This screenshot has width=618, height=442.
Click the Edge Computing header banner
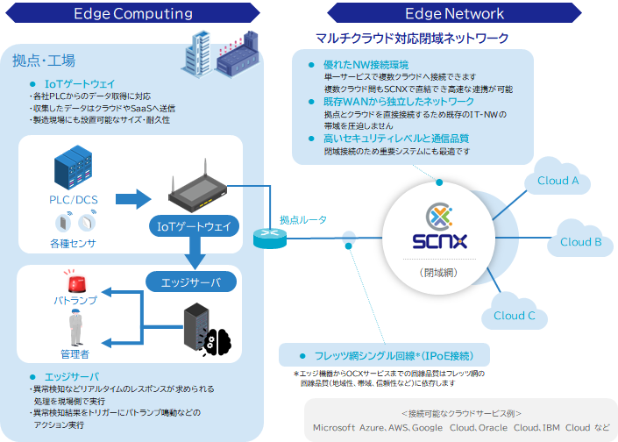(x=133, y=14)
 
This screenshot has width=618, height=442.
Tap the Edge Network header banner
(x=454, y=14)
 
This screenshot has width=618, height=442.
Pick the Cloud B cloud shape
(x=579, y=242)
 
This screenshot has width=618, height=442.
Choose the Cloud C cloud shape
(x=514, y=316)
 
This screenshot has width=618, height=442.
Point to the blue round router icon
(x=266, y=238)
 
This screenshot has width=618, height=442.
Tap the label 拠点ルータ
(x=303, y=220)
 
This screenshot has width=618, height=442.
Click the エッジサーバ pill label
(x=190, y=282)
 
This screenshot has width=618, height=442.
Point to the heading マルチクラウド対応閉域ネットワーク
(x=412, y=39)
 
